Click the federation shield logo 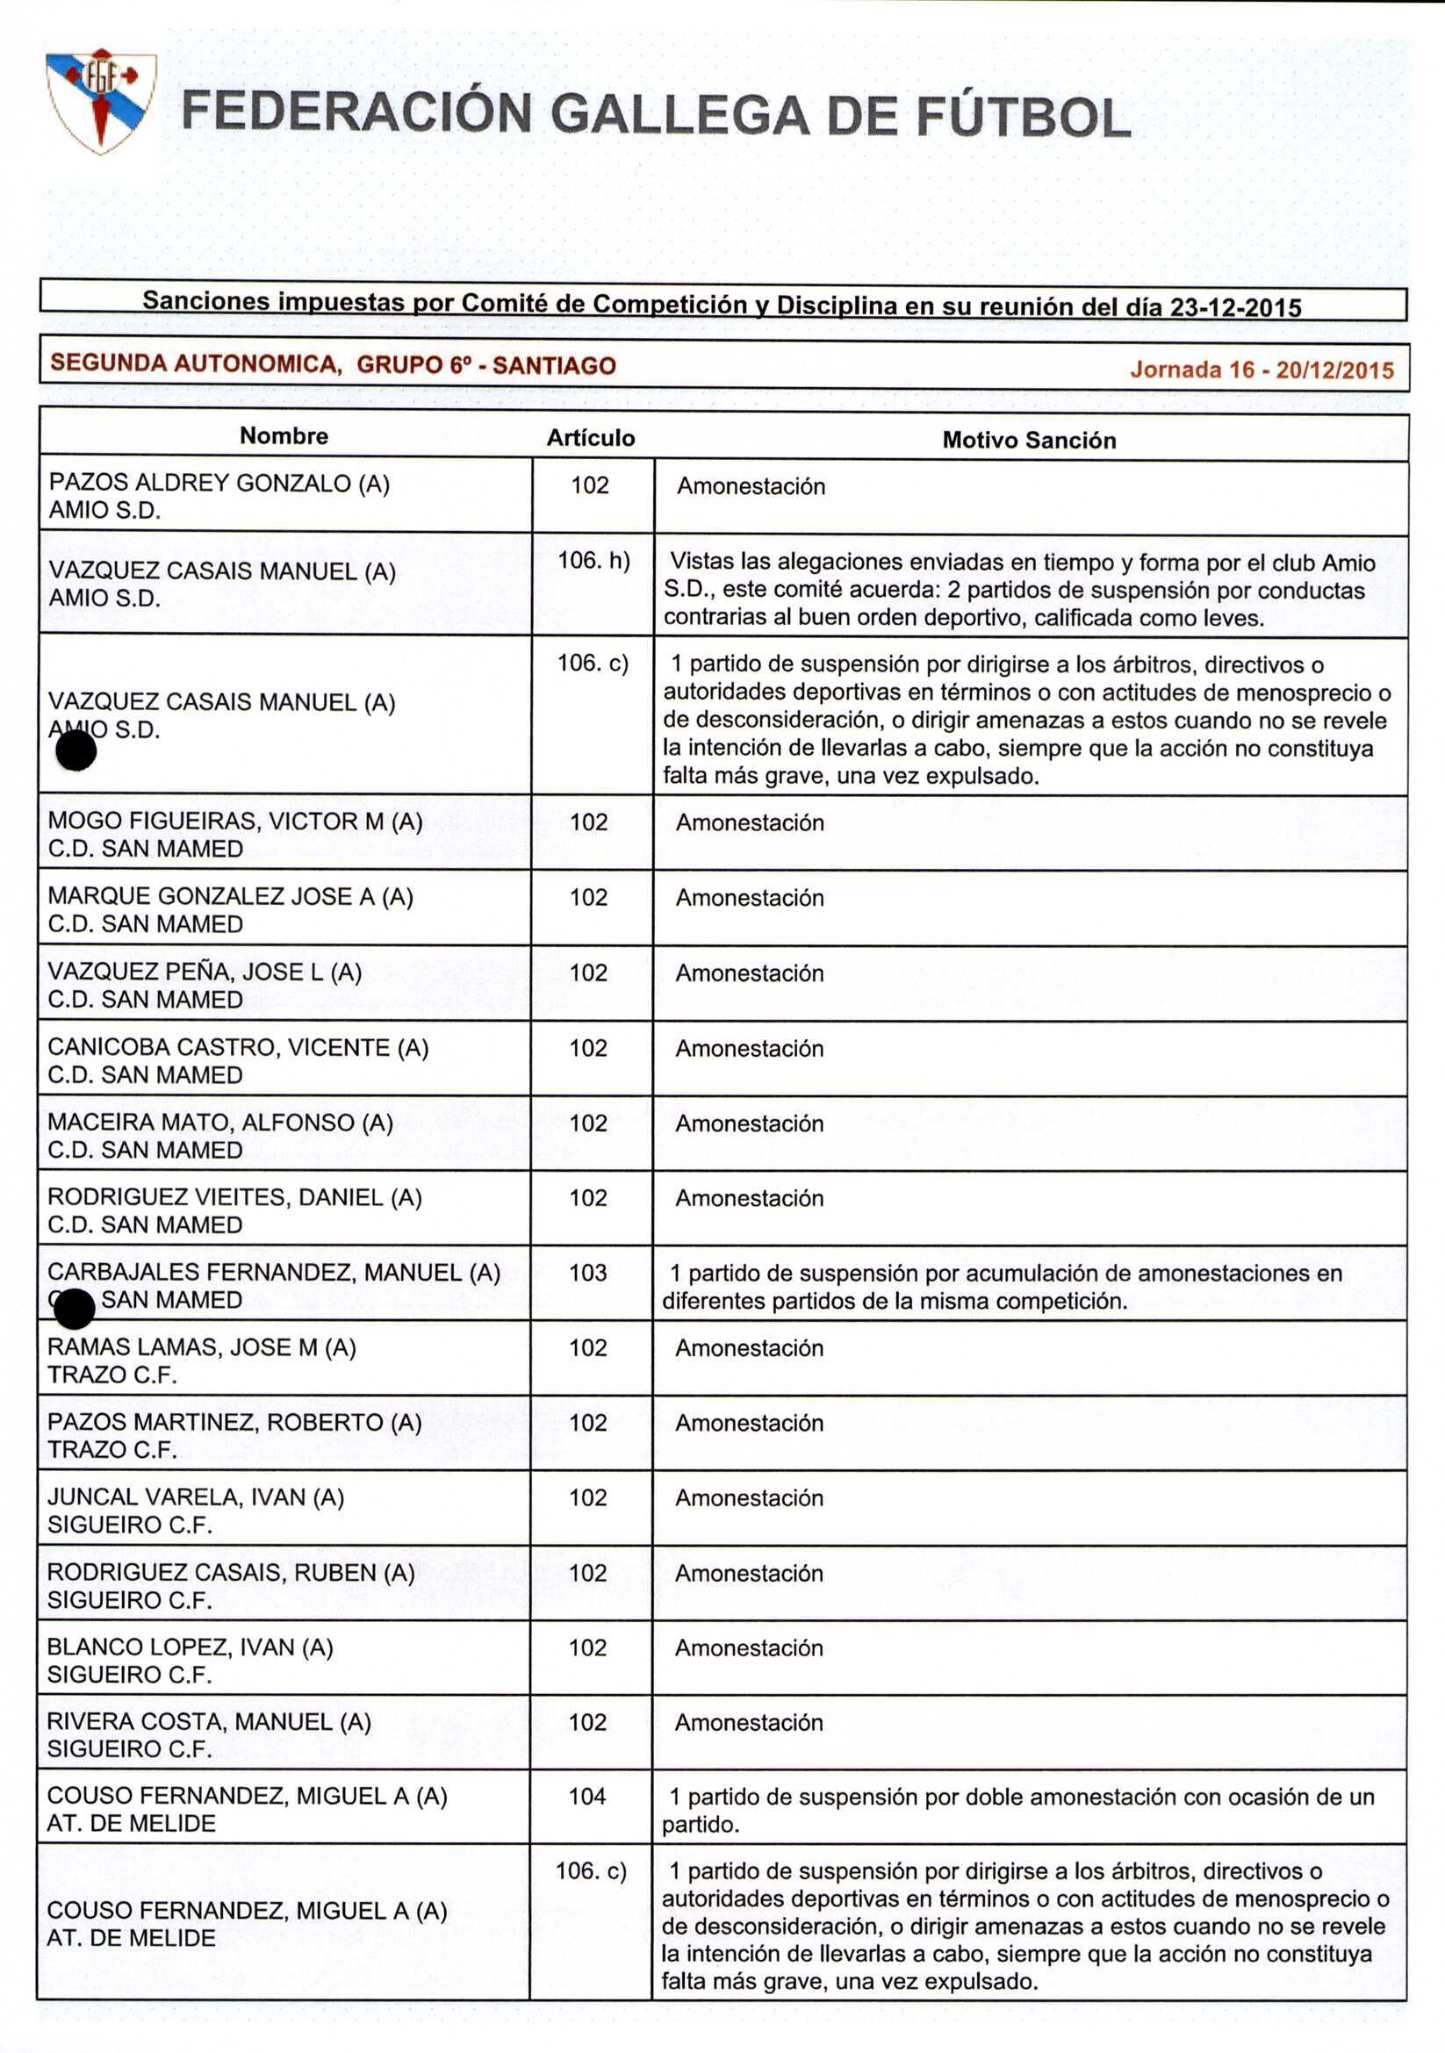101,100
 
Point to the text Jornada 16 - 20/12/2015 1261,370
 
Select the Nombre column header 284,436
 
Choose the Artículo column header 590,438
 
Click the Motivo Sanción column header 1028,440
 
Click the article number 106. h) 593,561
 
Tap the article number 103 587,1273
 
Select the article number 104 586,1797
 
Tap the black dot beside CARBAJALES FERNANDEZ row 75,1310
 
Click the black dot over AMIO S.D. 76,750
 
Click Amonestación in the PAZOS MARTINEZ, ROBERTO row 749,1424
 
